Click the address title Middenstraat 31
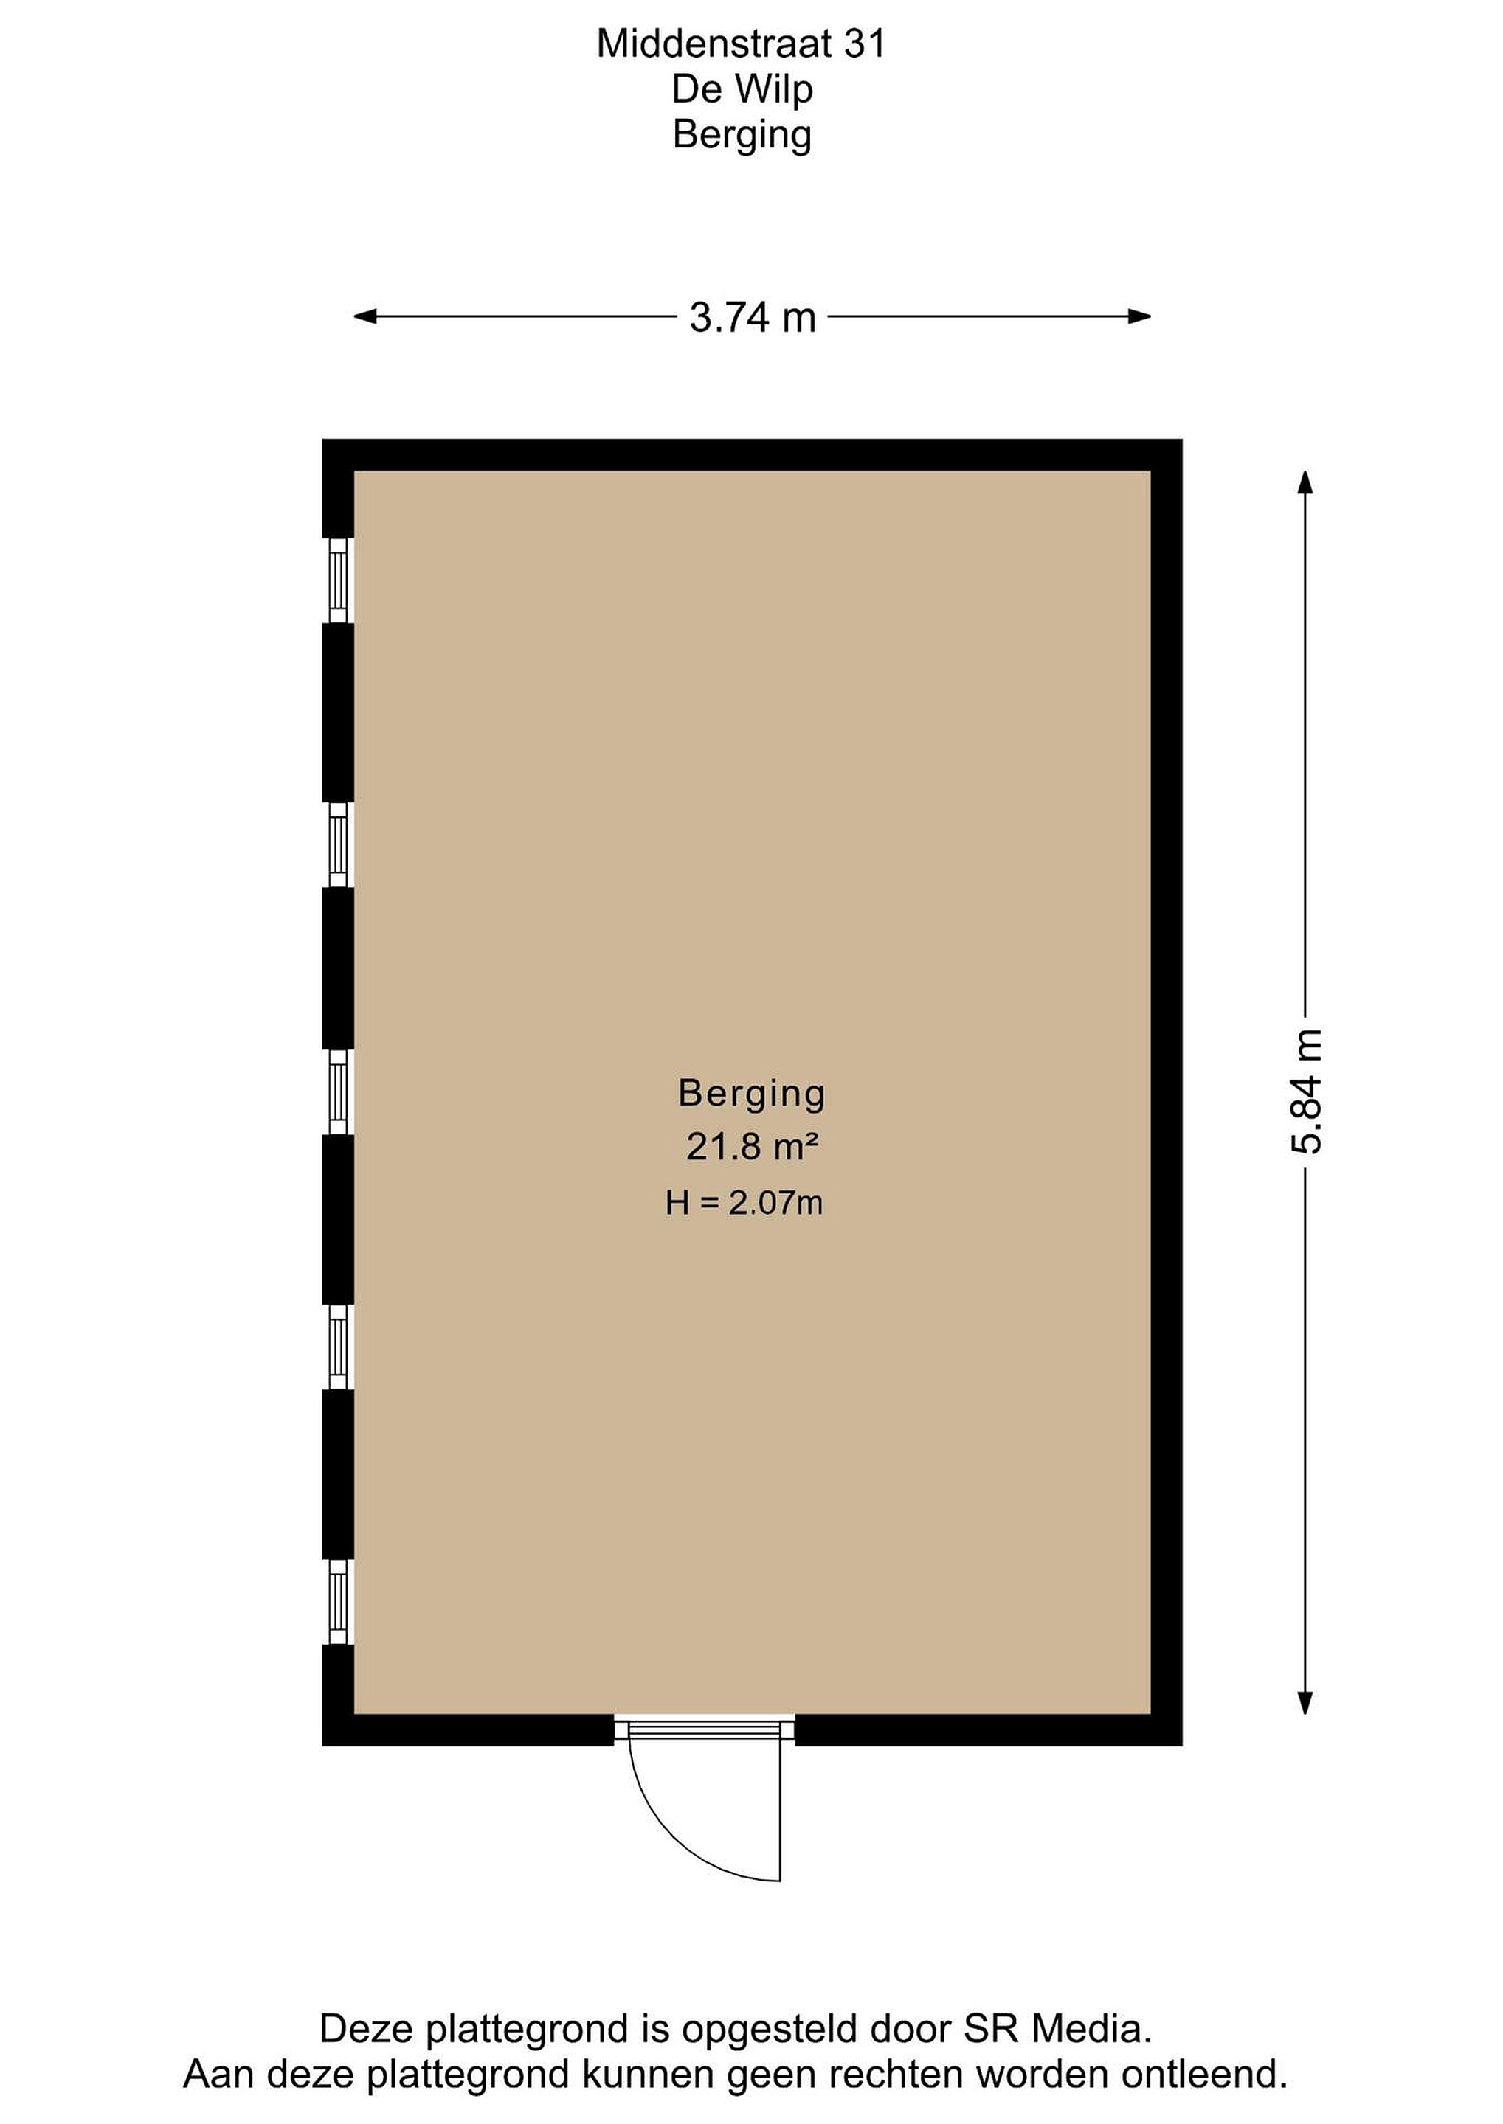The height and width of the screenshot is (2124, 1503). coord(742,44)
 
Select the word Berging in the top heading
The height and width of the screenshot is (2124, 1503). coord(742,135)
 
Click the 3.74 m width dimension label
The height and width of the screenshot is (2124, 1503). coord(753,317)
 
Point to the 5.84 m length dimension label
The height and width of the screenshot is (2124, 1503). coord(1307,1091)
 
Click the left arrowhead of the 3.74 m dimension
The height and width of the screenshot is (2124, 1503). coord(365,317)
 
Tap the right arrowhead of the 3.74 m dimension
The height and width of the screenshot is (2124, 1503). coord(1139,317)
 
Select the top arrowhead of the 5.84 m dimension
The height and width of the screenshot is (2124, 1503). coord(1306,483)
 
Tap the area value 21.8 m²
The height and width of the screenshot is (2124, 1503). coord(751,1147)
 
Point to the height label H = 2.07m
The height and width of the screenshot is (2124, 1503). coord(744,1203)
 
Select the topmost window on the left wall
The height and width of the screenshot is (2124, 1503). coord(339,580)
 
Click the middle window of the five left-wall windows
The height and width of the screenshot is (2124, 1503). coord(339,1091)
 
